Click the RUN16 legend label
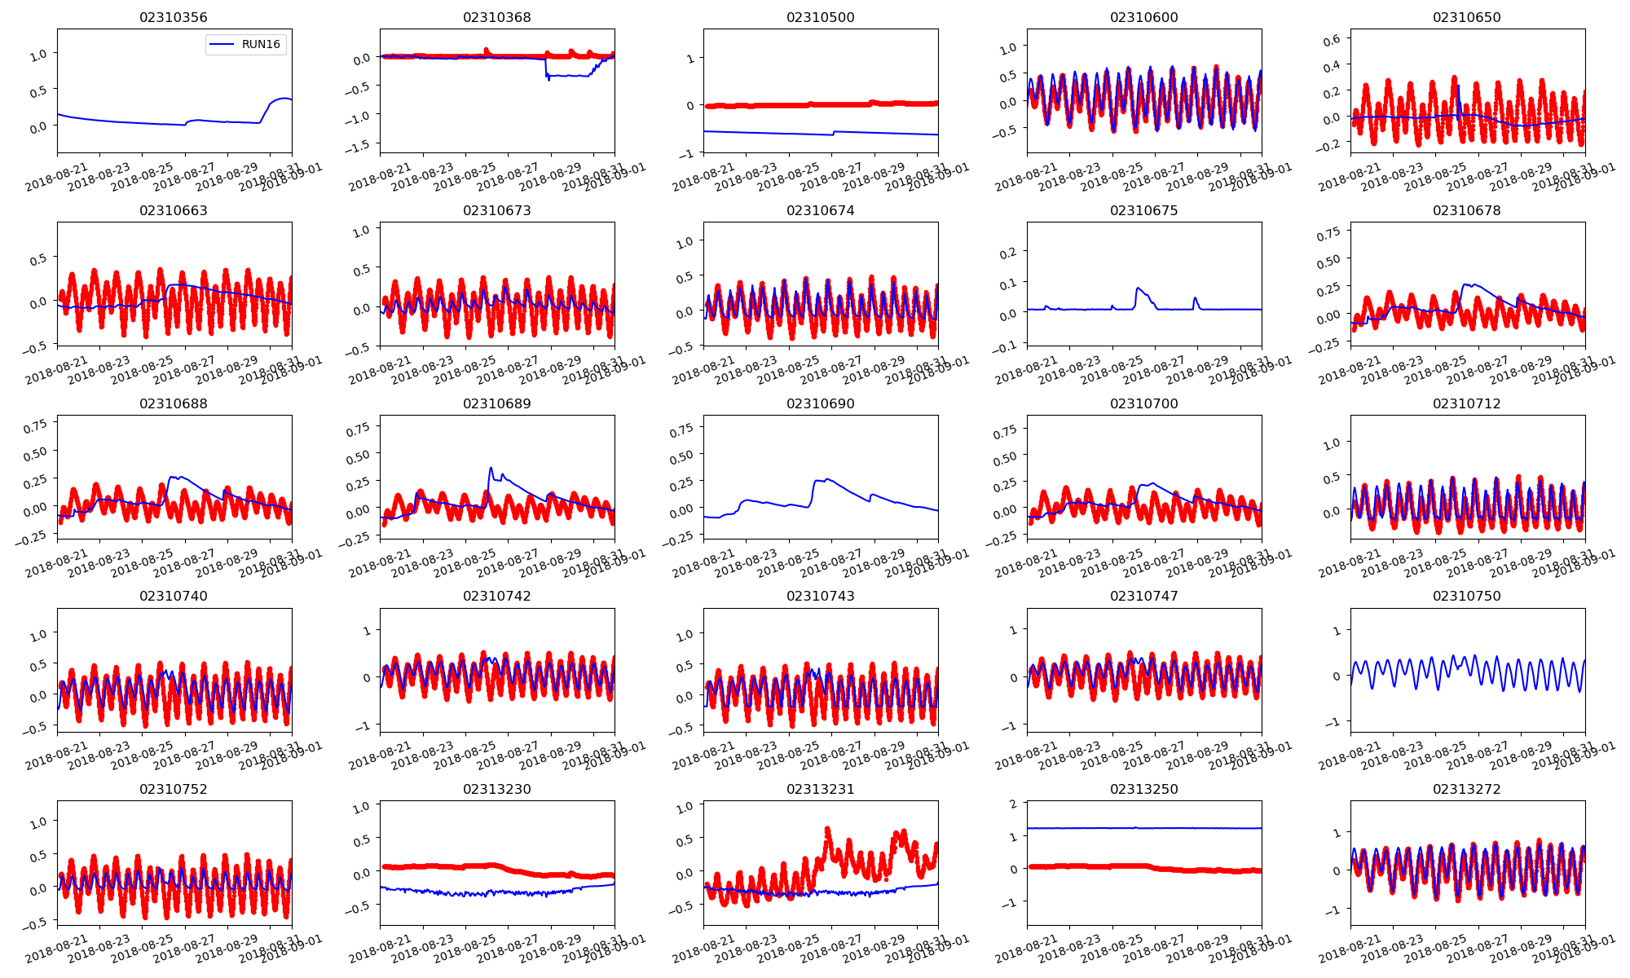coord(261,44)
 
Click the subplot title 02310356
coord(173,17)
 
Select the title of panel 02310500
coord(820,17)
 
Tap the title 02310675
coord(1143,210)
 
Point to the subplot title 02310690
coord(820,403)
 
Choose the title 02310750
coord(1466,596)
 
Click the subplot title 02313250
coord(1143,789)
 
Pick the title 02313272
coord(1466,789)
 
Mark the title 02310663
coord(173,210)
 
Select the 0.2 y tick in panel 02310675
coord(1008,253)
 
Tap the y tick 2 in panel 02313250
coord(1013,804)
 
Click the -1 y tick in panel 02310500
coord(689,153)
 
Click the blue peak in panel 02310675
coord(1138,288)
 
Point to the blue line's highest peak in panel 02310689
coord(491,468)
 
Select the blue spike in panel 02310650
coord(1457,86)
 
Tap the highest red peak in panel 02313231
coord(827,829)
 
